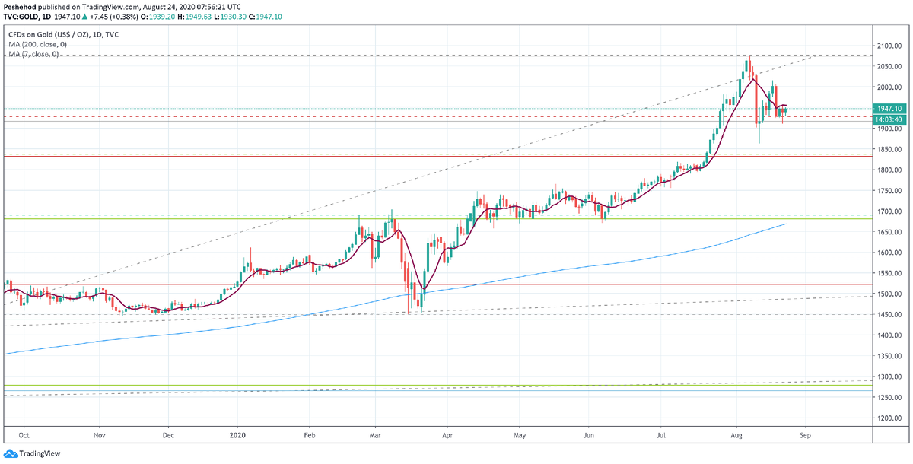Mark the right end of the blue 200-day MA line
tap(785, 224)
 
